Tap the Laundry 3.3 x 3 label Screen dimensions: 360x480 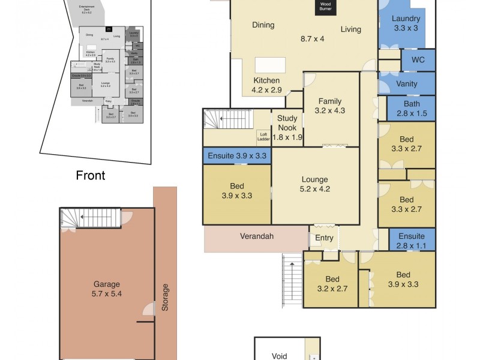coord(406,23)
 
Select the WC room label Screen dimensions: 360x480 coord(418,60)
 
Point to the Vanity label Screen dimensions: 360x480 coord(407,84)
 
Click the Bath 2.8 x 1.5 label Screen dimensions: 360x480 coord(412,109)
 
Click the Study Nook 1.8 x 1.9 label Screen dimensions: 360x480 coord(287,128)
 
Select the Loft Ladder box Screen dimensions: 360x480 coord(263,137)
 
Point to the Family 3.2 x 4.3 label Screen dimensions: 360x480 coord(331,106)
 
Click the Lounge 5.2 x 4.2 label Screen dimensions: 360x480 coord(315,184)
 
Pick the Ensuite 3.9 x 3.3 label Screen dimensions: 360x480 coord(238,156)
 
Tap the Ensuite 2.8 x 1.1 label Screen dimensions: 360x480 coord(412,241)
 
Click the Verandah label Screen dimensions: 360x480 coord(257,236)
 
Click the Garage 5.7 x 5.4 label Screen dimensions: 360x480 coord(106,289)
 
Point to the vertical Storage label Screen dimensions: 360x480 coord(165,298)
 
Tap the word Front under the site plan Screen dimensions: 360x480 coord(91,176)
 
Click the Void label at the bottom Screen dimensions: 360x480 coord(280,356)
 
